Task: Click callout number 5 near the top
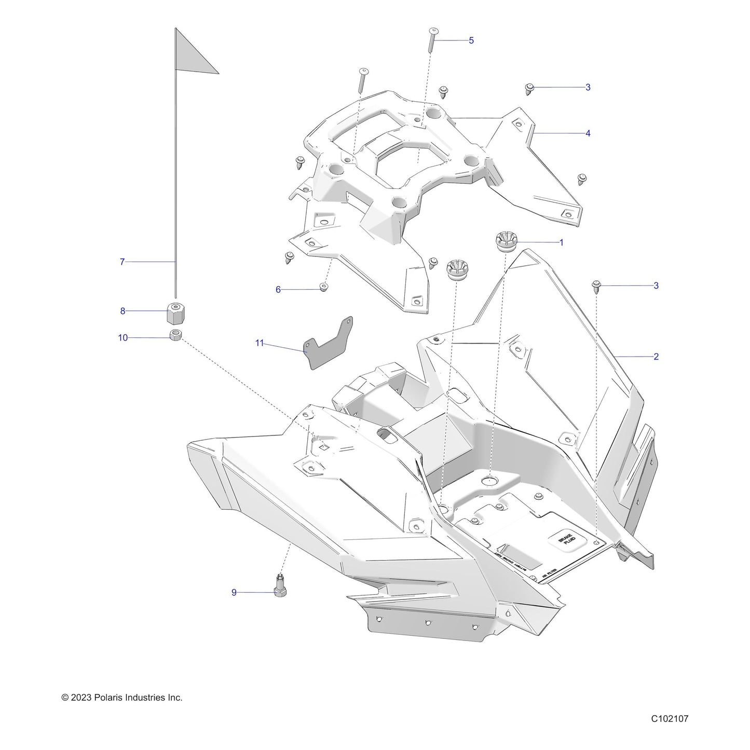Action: pyautogui.click(x=471, y=40)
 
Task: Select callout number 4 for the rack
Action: pyautogui.click(x=588, y=133)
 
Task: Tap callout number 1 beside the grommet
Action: pyautogui.click(x=561, y=242)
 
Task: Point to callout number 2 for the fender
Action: pyautogui.click(x=656, y=357)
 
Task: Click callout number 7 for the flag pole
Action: pyautogui.click(x=122, y=262)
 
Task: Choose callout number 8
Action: pyautogui.click(x=122, y=311)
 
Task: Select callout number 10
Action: pyautogui.click(x=122, y=338)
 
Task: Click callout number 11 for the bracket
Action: pyautogui.click(x=260, y=343)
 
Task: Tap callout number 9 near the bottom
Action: pyautogui.click(x=234, y=592)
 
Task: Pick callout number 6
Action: pyautogui.click(x=278, y=290)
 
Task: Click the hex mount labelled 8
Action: pyautogui.click(x=176, y=312)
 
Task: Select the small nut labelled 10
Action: pyautogui.click(x=176, y=335)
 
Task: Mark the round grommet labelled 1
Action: pyautogui.click(x=503, y=242)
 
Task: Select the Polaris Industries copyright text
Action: pyautogui.click(x=122, y=698)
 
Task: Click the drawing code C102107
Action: pyautogui.click(x=670, y=719)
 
